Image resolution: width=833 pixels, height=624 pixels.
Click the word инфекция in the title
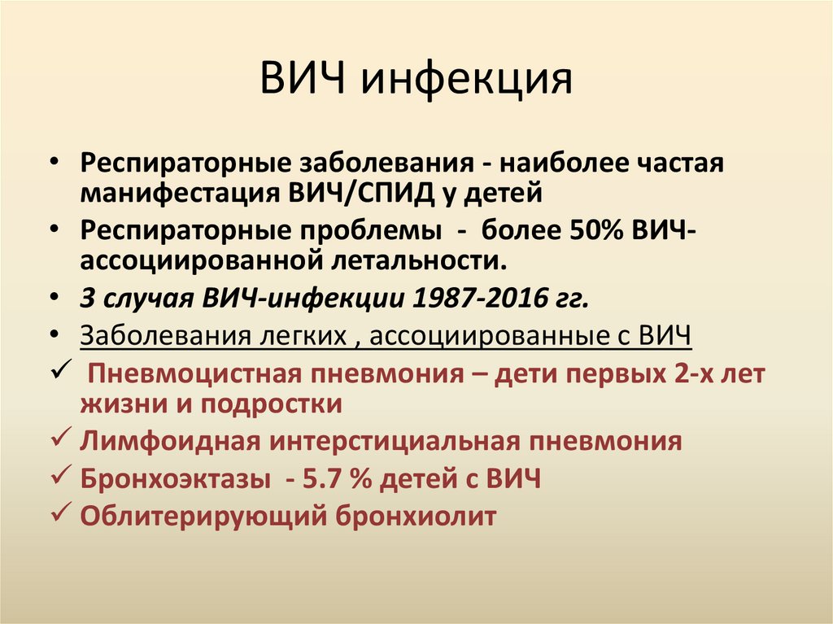[467, 81]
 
